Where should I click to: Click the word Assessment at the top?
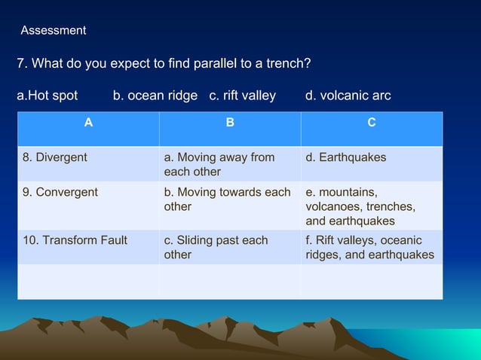(53, 31)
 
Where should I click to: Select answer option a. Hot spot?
(47, 96)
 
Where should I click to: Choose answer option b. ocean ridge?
(155, 96)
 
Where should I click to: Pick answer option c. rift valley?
(242, 96)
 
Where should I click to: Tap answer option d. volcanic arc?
(348, 96)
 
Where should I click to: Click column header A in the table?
(88, 122)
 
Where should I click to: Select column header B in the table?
(230, 122)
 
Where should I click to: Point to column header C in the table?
(372, 122)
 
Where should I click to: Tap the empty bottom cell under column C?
(372, 282)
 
